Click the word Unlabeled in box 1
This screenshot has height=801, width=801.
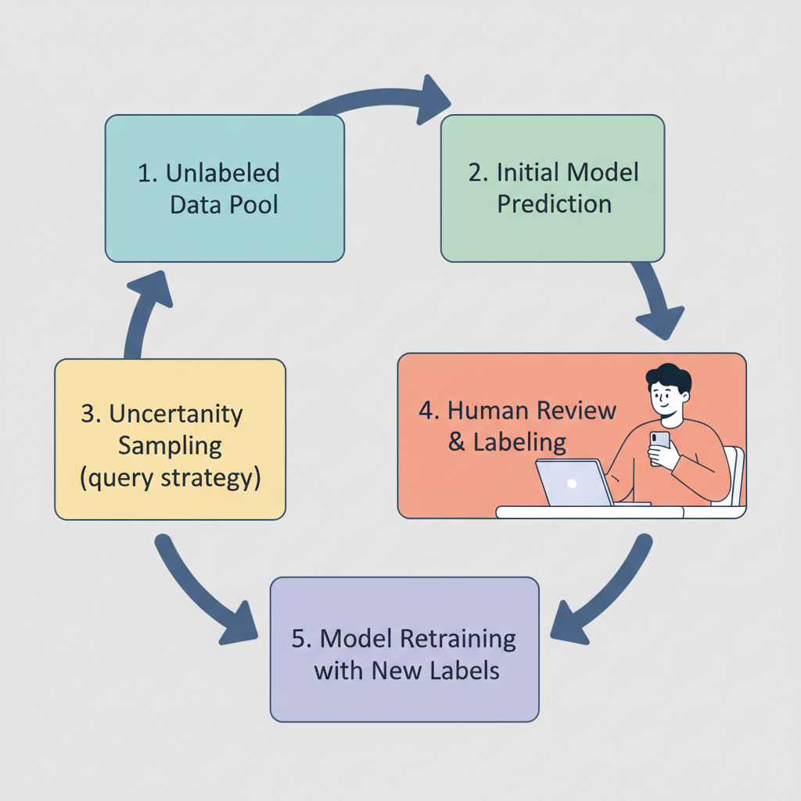(x=223, y=173)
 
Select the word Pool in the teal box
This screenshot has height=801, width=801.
(x=253, y=205)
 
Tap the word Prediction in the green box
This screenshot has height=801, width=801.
(x=555, y=204)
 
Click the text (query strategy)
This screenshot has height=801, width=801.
(x=170, y=478)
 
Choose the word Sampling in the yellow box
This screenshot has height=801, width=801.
(x=170, y=447)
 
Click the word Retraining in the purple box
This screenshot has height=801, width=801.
(x=458, y=639)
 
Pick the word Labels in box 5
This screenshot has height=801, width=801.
(x=465, y=670)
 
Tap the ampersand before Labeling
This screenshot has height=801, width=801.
(x=456, y=442)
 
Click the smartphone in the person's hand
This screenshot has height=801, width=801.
(x=659, y=447)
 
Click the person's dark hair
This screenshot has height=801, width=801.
(x=670, y=377)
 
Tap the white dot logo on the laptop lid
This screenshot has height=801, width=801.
(x=572, y=483)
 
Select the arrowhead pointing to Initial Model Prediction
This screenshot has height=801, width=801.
(x=432, y=100)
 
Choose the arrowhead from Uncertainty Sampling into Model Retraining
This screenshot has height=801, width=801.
(x=240, y=623)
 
